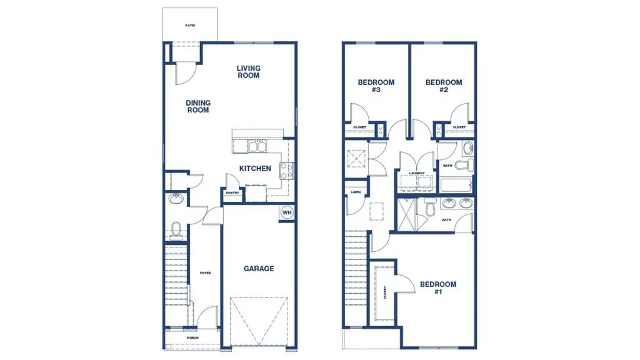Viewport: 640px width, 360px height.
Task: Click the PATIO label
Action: (x=190, y=26)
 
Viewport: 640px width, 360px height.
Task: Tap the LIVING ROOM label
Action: (x=248, y=72)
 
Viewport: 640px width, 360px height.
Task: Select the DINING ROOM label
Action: (x=197, y=107)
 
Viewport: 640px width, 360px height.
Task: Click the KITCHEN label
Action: (x=256, y=169)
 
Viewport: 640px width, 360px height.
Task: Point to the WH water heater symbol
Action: (x=287, y=212)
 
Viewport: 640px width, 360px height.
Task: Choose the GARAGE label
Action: (x=259, y=269)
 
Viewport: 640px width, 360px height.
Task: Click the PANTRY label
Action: (x=232, y=193)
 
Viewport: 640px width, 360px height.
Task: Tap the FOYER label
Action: (x=205, y=273)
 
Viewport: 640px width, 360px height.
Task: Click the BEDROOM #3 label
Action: (x=376, y=86)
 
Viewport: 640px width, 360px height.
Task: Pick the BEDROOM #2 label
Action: (x=444, y=86)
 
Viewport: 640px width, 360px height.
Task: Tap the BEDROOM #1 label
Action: (x=437, y=288)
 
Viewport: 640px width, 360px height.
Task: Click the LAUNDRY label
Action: (x=417, y=173)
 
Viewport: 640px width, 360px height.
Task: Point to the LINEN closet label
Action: (x=356, y=192)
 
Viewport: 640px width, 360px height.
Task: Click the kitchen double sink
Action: (x=257, y=147)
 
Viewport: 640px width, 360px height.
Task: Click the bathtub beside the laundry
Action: (x=455, y=185)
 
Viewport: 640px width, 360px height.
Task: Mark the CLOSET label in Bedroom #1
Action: (x=385, y=292)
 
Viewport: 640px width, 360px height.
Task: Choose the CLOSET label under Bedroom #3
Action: (x=359, y=127)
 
